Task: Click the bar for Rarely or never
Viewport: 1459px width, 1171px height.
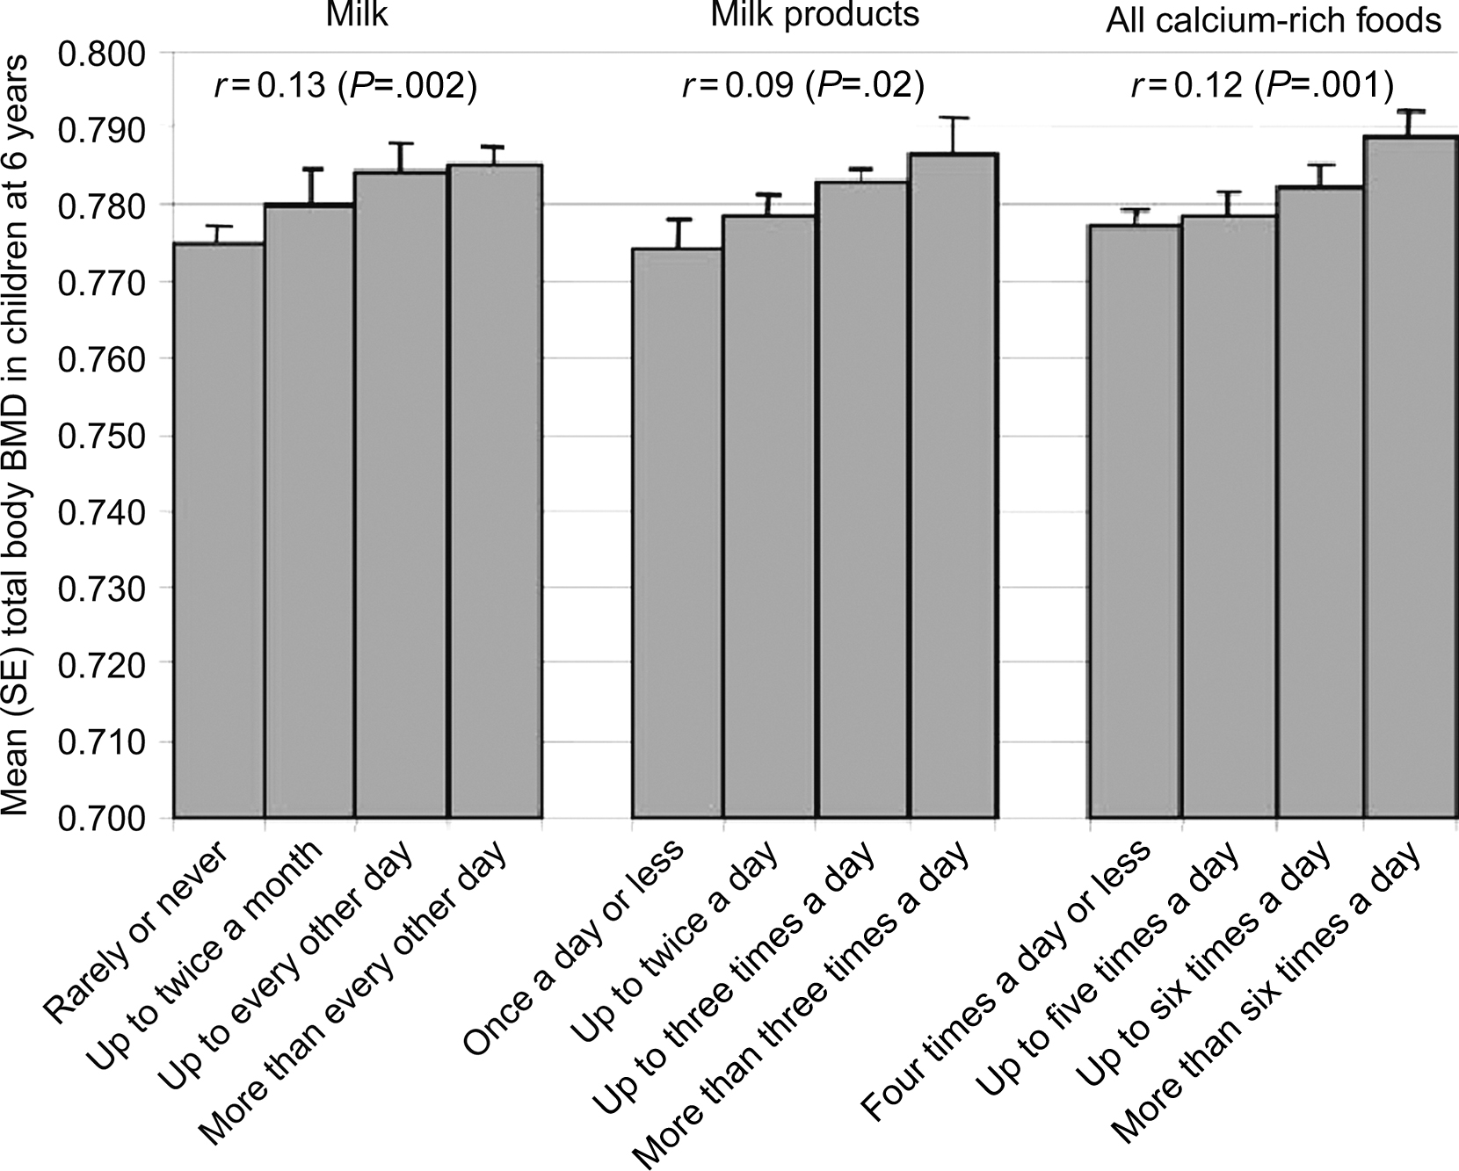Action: click(219, 531)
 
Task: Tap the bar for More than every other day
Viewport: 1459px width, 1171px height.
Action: click(495, 491)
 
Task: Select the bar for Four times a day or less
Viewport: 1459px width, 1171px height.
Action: click(1135, 522)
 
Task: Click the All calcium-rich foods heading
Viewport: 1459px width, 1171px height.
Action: click(1274, 20)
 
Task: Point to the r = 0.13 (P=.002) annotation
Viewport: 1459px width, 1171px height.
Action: click(345, 86)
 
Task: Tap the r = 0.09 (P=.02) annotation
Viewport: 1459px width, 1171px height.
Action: click(803, 86)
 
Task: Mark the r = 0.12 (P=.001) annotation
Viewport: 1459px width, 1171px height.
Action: click(1262, 86)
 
